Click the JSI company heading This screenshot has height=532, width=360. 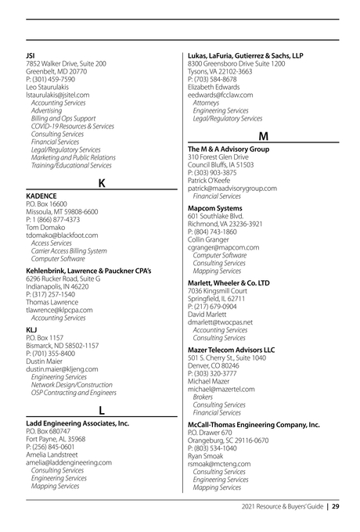point(31,56)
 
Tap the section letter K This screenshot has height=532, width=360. point(102,184)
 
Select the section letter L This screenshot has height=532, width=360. point(102,412)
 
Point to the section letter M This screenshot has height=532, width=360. point(264,137)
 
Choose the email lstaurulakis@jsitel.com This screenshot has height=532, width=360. point(58,95)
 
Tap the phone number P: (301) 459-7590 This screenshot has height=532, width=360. point(51,79)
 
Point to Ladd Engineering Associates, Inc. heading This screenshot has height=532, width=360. point(77,423)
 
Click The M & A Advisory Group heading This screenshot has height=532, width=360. point(229,149)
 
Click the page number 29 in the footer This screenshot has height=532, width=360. point(335,506)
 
